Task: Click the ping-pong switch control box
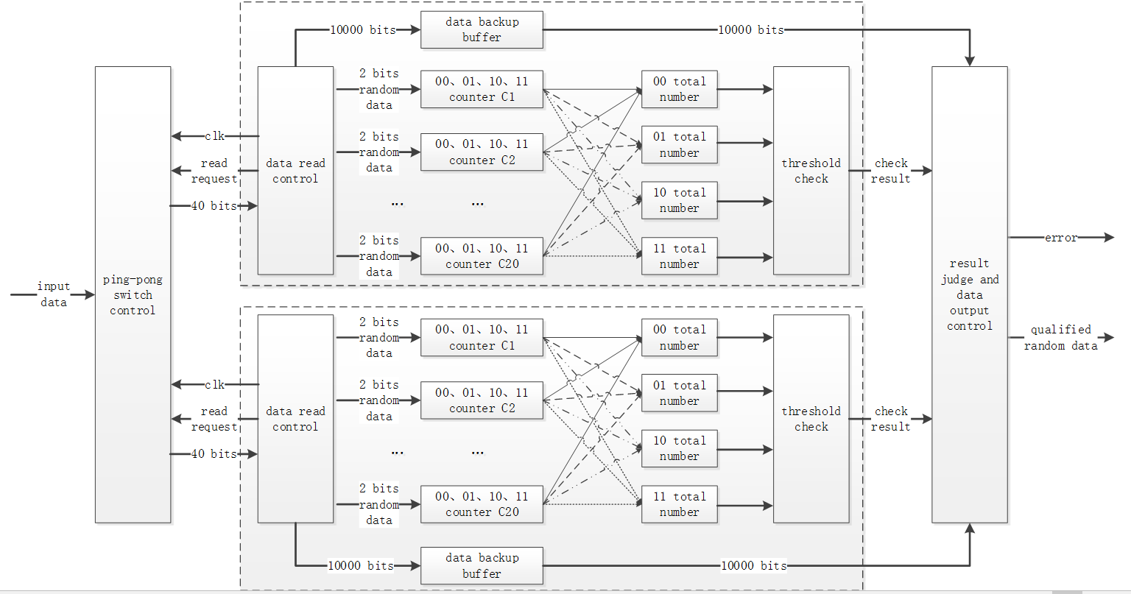pyautogui.click(x=133, y=294)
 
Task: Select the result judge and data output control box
pyautogui.click(x=969, y=294)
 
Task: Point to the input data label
pyautogui.click(x=53, y=294)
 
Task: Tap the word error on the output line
pyautogui.click(x=1060, y=238)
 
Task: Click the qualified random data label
pyautogui.click(x=1060, y=338)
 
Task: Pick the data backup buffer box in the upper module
pyautogui.click(x=482, y=29)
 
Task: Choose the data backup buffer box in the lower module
pyautogui.click(x=482, y=565)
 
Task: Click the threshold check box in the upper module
pyautogui.click(x=811, y=171)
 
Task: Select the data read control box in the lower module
pyautogui.click(x=295, y=419)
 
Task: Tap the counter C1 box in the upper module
pyautogui.click(x=482, y=89)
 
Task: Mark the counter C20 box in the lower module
pyautogui.click(x=482, y=504)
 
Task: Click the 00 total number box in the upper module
pyautogui.click(x=679, y=89)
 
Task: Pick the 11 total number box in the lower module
pyautogui.click(x=679, y=504)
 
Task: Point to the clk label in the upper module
pyautogui.click(x=214, y=136)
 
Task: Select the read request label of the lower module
pyautogui.click(x=214, y=419)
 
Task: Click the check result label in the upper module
pyautogui.click(x=891, y=171)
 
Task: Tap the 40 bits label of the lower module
pyautogui.click(x=214, y=454)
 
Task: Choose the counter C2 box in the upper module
pyautogui.click(x=482, y=152)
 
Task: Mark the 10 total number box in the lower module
pyautogui.click(x=679, y=448)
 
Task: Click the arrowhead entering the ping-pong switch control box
pyautogui.click(x=90, y=294)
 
